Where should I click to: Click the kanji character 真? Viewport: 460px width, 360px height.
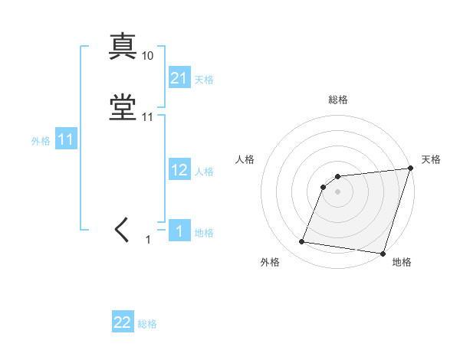tap(123, 47)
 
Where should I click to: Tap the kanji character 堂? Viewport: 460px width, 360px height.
tap(123, 109)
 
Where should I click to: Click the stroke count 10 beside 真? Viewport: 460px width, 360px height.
tap(148, 56)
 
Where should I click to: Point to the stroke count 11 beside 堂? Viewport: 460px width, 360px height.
tap(148, 117)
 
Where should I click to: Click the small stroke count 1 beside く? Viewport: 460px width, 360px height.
tap(148, 240)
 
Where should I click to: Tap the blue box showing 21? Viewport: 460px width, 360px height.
tap(179, 77)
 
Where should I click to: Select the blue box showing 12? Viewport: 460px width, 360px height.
tap(179, 170)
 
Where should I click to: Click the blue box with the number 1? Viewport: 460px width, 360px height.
tap(179, 231)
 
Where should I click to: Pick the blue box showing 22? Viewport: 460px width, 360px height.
tap(123, 322)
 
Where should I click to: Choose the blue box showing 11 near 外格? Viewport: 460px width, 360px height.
tap(66, 139)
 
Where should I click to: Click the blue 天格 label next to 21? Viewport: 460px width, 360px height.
tap(204, 79)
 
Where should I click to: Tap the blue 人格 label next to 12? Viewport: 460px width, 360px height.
tap(204, 172)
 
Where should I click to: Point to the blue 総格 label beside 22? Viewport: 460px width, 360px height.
tap(147, 324)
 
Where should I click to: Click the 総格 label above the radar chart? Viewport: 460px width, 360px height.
tap(338, 100)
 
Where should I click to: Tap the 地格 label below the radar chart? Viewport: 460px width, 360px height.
tap(402, 263)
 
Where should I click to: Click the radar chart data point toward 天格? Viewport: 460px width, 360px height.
tap(410, 169)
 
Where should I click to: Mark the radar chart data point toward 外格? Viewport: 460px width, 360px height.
tap(302, 242)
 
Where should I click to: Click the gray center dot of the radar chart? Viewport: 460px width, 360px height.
tap(337, 192)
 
